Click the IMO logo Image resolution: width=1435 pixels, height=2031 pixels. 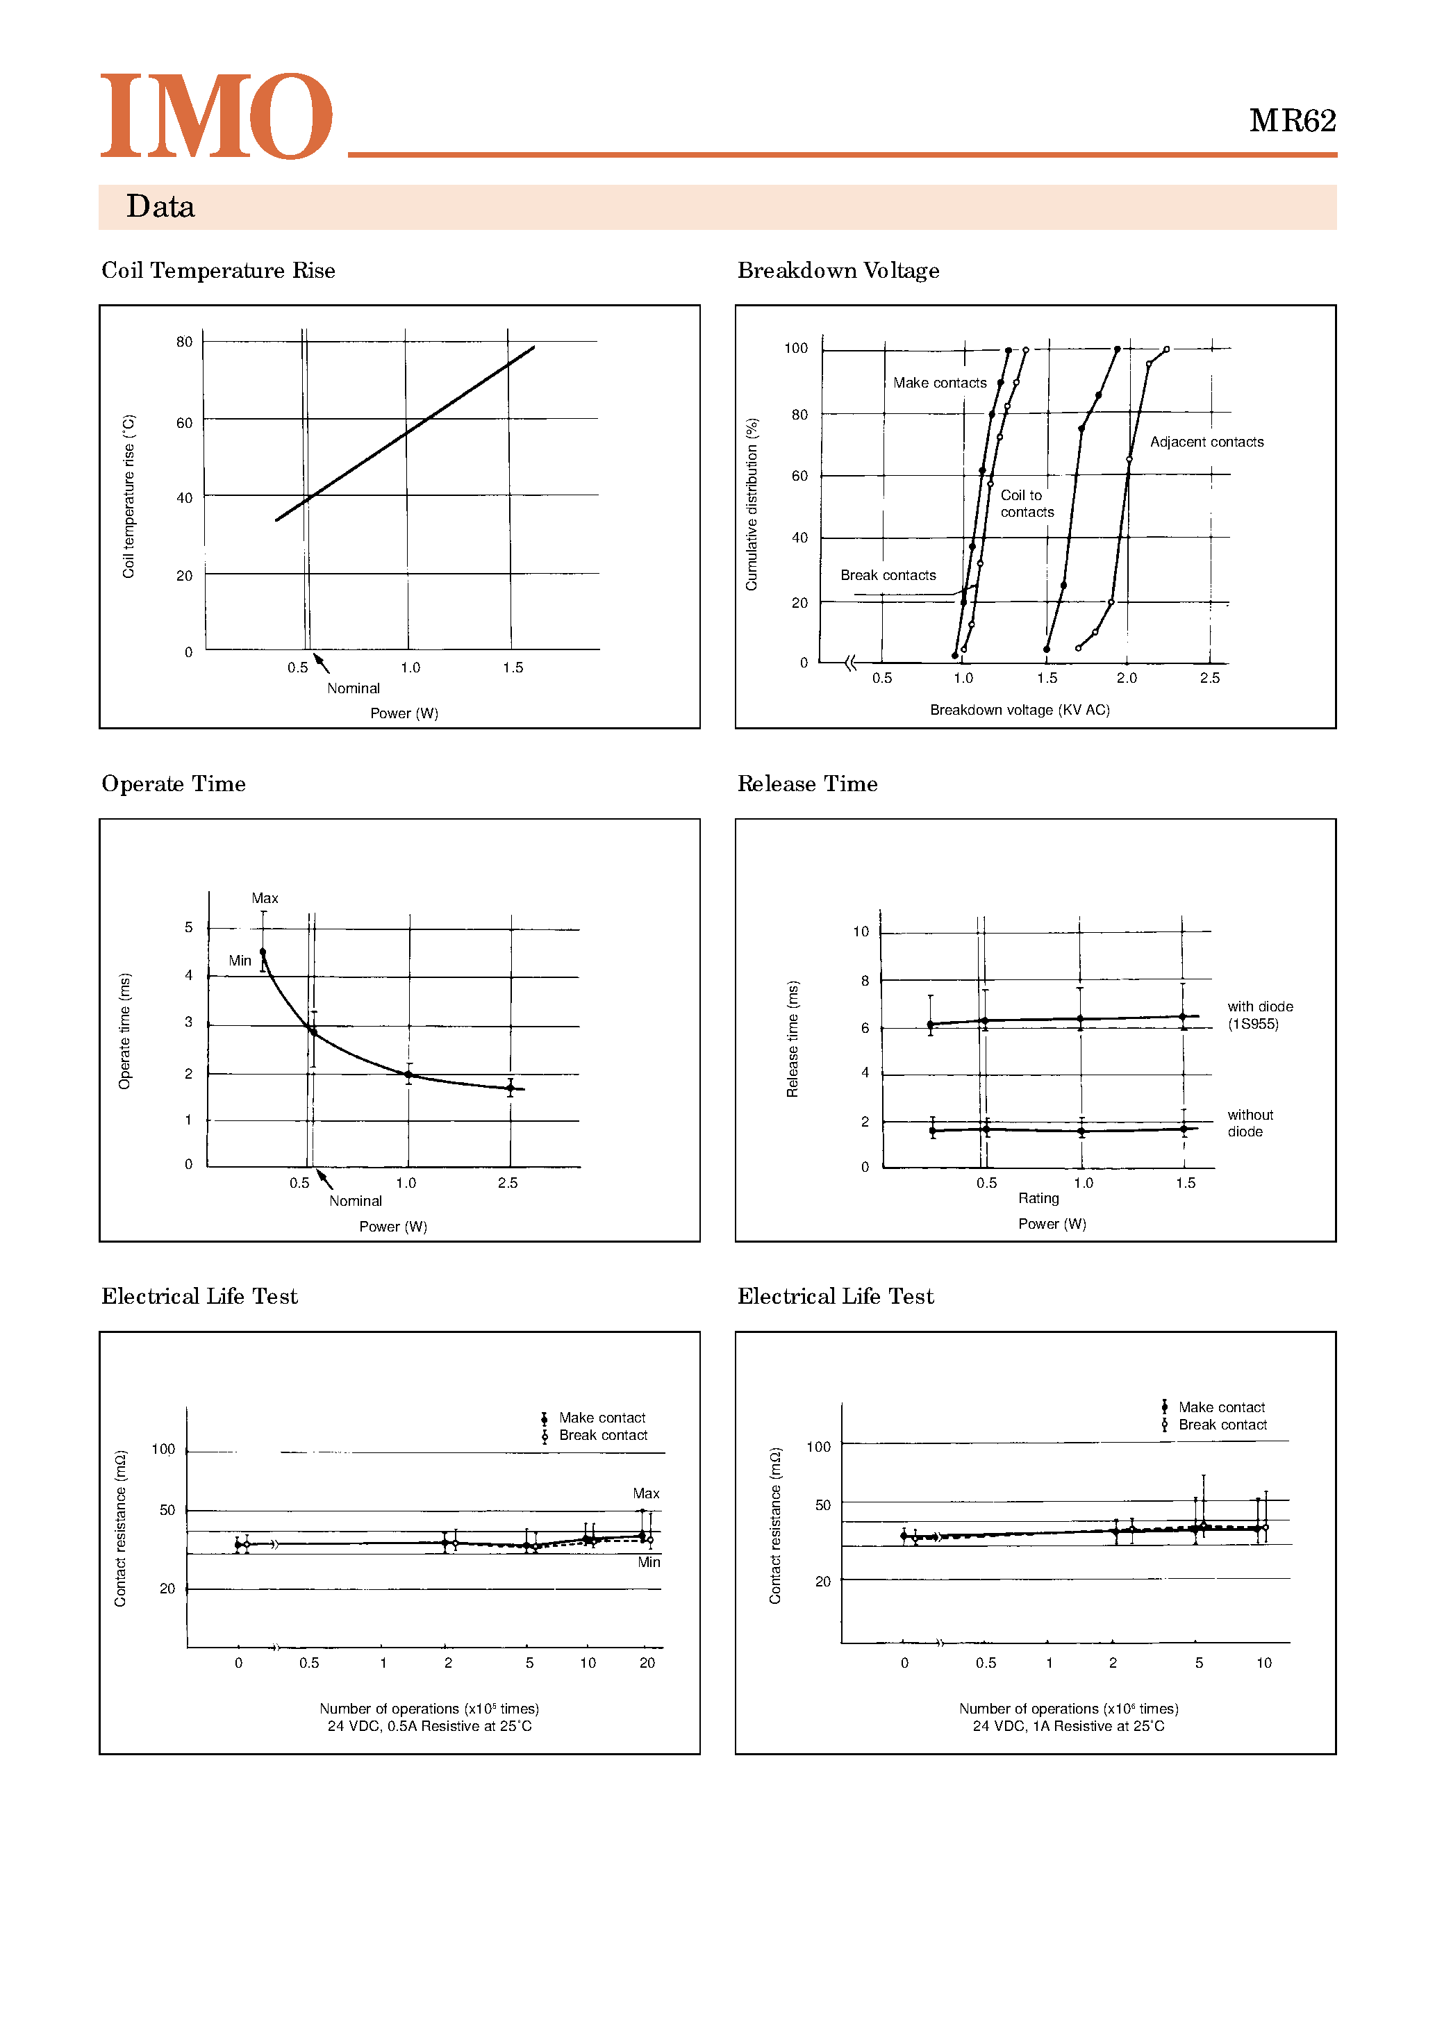(217, 116)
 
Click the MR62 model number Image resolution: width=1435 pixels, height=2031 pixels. (1292, 121)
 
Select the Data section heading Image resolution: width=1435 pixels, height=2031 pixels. (160, 207)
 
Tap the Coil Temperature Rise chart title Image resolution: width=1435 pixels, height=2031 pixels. (219, 271)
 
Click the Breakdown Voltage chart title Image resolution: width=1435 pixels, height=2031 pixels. (838, 271)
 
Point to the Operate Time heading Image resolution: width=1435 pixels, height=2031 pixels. (174, 784)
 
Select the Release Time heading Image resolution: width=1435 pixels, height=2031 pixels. (807, 784)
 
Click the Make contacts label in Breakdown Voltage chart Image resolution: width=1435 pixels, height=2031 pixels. (940, 383)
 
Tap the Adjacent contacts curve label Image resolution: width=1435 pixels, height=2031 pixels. (1206, 442)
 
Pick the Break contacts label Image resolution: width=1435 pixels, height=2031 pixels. (888, 575)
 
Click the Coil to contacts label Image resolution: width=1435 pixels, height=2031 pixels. (1027, 504)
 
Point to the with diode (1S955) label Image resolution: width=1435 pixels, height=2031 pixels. (1259, 1015)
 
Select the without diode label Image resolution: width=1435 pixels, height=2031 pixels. (1250, 1123)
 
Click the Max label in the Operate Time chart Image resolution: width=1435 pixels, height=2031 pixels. (265, 899)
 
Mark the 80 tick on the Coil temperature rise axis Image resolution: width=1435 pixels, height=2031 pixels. (184, 342)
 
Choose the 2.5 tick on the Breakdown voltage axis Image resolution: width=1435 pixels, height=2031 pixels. (1209, 679)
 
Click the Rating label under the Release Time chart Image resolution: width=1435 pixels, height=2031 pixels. (1038, 1199)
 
